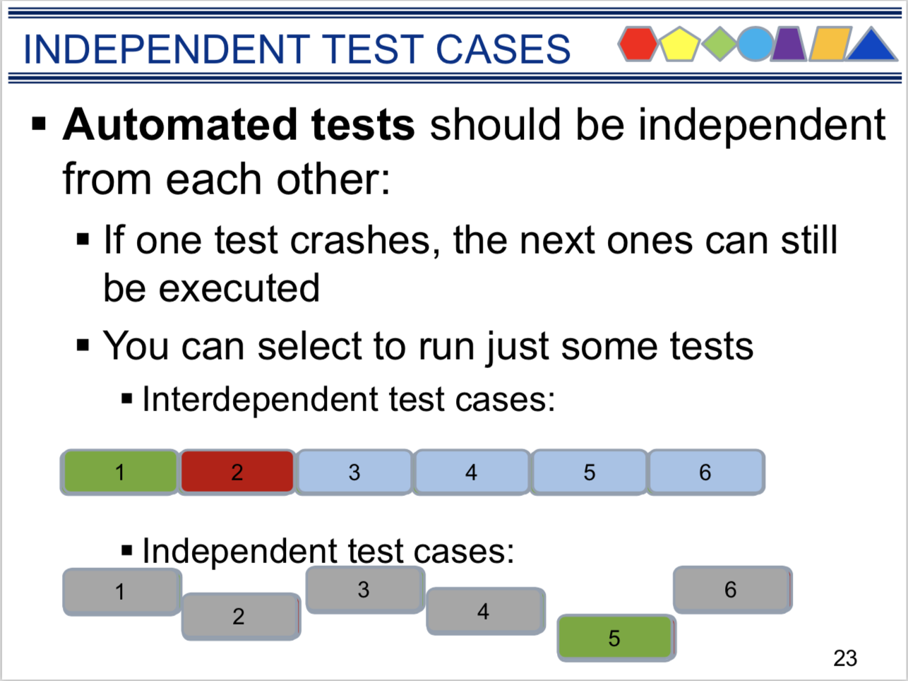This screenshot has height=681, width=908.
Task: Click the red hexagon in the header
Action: tap(638, 44)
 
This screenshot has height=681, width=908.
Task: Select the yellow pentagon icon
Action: tap(680, 45)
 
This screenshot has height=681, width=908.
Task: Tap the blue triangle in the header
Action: tap(871, 45)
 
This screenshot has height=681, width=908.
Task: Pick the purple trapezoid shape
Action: tap(789, 44)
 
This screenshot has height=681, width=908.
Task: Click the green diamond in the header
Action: tap(719, 44)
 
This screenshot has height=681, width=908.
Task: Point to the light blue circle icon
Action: tap(755, 44)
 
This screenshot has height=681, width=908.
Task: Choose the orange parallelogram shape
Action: tap(830, 44)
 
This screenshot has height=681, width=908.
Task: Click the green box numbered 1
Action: tap(120, 472)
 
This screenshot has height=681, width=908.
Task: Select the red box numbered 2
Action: tap(237, 472)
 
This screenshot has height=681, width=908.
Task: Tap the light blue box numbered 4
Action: tap(472, 472)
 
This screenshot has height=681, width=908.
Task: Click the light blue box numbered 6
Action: tap(706, 472)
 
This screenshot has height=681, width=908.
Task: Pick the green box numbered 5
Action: tap(616, 638)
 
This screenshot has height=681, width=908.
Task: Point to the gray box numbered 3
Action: tap(365, 590)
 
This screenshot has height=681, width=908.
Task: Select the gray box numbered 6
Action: tap(733, 590)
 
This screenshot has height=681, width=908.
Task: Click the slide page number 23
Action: tap(845, 658)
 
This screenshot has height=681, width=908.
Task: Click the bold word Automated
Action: tap(179, 124)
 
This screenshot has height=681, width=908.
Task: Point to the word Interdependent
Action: tap(259, 399)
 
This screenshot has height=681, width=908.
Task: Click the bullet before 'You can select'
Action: tap(83, 345)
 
